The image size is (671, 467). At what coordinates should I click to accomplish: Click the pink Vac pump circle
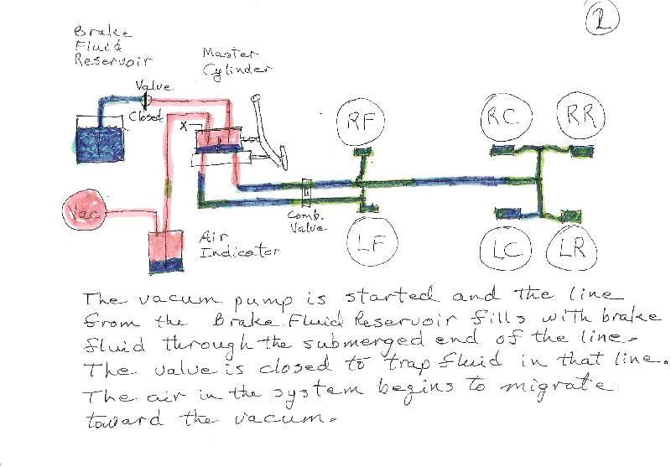click(84, 210)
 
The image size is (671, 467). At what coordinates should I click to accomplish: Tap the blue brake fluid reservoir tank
click(100, 139)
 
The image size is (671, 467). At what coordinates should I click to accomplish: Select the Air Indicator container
click(165, 252)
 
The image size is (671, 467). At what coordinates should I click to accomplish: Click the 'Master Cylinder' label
click(237, 61)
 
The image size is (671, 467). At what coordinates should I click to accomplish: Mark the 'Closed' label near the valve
click(145, 116)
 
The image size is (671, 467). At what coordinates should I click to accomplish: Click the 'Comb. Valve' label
click(307, 221)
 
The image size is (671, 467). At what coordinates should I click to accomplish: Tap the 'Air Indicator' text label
click(238, 246)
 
